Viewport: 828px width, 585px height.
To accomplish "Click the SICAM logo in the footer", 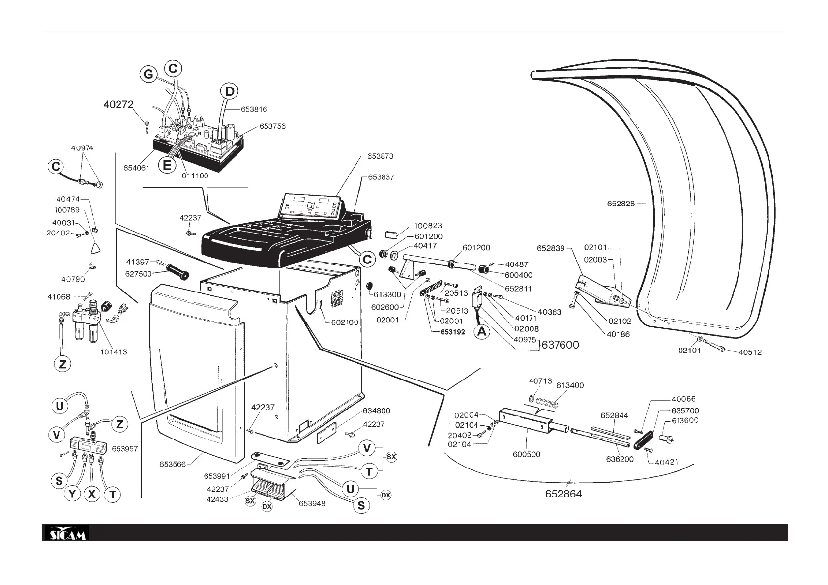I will (x=66, y=533).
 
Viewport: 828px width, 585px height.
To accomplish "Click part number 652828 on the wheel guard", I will (x=621, y=203).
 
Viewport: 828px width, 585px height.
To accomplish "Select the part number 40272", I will (x=118, y=104).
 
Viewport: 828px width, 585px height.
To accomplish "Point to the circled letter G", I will (x=148, y=75).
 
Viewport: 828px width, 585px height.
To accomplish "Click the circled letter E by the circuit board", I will (x=167, y=165).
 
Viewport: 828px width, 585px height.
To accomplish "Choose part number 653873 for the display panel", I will (x=380, y=156).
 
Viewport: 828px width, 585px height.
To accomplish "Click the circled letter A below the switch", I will (x=482, y=331).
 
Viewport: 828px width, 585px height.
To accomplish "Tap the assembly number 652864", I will (x=563, y=494).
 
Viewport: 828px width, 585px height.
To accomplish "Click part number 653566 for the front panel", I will (x=172, y=464).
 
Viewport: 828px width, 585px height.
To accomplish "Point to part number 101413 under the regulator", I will (x=114, y=352).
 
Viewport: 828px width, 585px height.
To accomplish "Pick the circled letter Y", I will (x=73, y=494).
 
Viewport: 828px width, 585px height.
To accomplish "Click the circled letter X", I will (x=92, y=494).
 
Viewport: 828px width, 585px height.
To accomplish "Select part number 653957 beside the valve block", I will (x=125, y=448).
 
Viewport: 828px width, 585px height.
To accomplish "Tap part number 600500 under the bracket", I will (x=527, y=454).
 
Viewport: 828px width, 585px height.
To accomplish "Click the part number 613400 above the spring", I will (x=570, y=385).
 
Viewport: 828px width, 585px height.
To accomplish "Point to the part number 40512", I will (x=750, y=352).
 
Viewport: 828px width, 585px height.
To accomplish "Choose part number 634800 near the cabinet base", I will (x=377, y=410).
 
